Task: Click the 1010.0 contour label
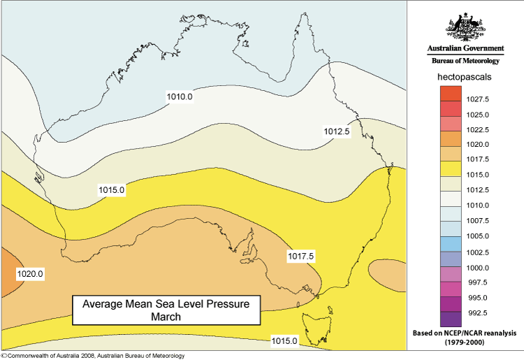tap(180, 96)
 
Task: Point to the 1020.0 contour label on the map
tap(29, 275)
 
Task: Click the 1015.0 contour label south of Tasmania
tap(285, 340)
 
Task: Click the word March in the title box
tap(166, 317)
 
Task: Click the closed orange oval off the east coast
tap(386, 274)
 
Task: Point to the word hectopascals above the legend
tap(465, 75)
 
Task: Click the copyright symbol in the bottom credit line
tap(3, 355)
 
